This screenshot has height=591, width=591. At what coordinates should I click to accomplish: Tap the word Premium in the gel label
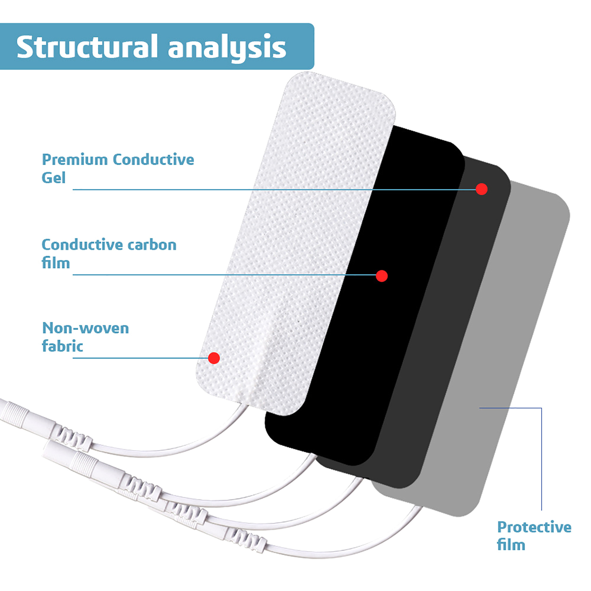(x=75, y=160)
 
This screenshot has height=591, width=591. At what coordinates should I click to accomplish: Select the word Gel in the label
(x=54, y=178)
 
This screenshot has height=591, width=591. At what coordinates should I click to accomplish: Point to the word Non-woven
(x=86, y=328)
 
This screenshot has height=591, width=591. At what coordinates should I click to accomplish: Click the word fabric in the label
(x=62, y=346)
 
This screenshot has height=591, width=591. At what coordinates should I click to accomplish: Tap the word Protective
(x=534, y=527)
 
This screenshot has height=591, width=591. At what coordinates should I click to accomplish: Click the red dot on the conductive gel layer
(x=481, y=189)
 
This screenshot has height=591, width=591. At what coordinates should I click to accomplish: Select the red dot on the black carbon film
(x=382, y=276)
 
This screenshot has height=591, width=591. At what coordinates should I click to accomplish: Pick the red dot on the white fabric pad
(x=214, y=358)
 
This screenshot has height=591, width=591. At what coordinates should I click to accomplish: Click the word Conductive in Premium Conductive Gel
(x=153, y=160)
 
